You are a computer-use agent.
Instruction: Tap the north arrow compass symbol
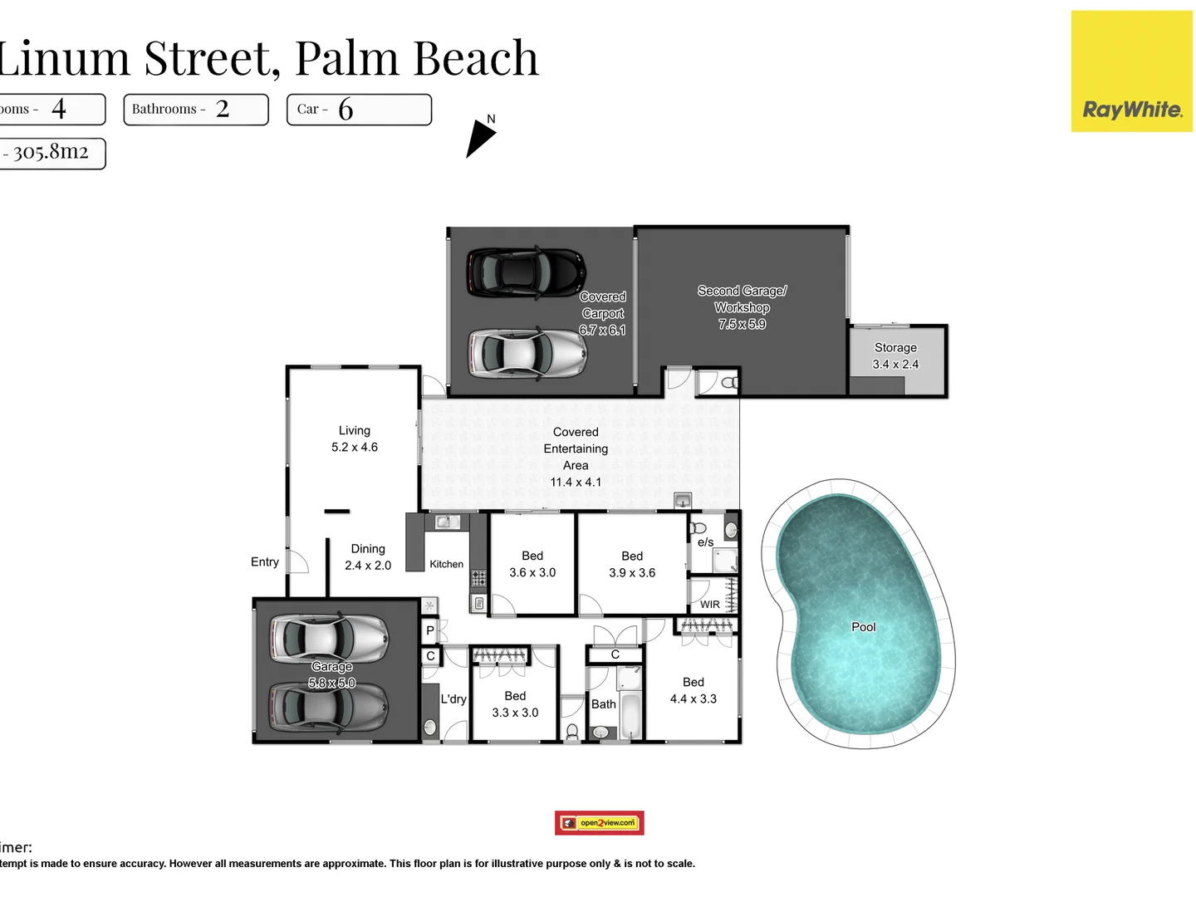(x=479, y=138)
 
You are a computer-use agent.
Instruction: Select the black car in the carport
(x=526, y=272)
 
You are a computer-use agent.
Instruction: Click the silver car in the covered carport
(x=527, y=352)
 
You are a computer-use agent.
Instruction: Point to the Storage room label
(x=895, y=355)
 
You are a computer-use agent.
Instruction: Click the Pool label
(x=863, y=627)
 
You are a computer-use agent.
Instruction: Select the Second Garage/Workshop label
(x=742, y=306)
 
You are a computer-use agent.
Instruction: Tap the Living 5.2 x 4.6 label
(x=355, y=439)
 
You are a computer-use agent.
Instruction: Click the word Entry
(x=265, y=562)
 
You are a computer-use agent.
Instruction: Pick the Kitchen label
(x=446, y=564)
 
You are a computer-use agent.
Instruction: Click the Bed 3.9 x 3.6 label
(x=632, y=564)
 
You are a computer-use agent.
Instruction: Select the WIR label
(x=709, y=605)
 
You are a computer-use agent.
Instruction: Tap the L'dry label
(x=453, y=699)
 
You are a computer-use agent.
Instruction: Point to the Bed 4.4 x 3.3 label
(x=693, y=690)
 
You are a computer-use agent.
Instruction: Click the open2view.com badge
(x=600, y=822)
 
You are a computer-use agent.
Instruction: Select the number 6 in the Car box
(x=346, y=110)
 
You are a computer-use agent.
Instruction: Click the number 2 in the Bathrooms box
(x=222, y=109)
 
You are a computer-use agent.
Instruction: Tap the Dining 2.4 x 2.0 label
(x=368, y=557)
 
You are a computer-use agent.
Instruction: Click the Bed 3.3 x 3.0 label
(x=515, y=704)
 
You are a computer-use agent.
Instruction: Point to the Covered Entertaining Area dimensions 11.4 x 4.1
(x=576, y=482)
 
